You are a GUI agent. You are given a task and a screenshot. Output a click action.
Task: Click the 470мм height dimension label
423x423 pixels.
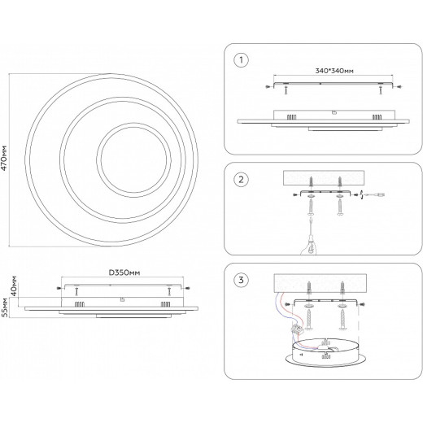[x=4, y=158]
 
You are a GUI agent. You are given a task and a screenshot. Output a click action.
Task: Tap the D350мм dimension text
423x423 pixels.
[x=124, y=273]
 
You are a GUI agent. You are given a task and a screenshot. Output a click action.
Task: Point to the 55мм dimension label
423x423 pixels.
[x=4, y=307]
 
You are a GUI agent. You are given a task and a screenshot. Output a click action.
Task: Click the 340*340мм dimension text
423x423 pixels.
[x=334, y=71]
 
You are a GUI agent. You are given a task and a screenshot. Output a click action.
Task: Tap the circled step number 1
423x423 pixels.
[x=241, y=60]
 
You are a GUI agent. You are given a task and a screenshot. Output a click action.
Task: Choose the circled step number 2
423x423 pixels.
[x=241, y=180]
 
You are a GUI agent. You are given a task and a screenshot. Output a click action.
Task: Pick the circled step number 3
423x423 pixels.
[x=241, y=280]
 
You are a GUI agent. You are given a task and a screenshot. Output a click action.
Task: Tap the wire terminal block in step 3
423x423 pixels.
[x=297, y=329]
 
